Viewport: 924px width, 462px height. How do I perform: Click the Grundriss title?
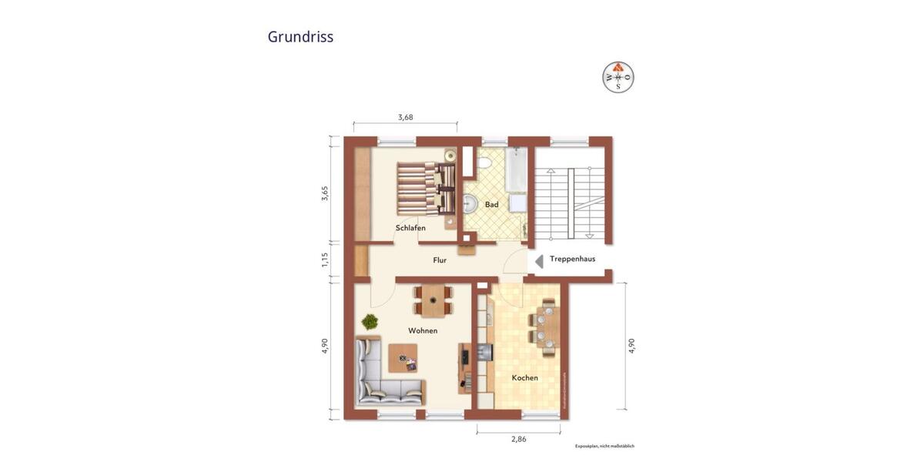point(300,37)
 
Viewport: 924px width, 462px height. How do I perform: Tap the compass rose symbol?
point(618,76)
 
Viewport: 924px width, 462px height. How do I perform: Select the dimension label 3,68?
point(405,117)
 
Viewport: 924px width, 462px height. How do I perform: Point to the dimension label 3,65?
point(325,193)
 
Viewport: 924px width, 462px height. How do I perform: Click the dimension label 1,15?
point(325,260)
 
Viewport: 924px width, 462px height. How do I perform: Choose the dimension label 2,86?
point(521,439)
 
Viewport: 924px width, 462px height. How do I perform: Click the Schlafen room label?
point(410,228)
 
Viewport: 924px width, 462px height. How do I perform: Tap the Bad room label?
point(491,205)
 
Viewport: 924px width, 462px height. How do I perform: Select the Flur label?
point(439,260)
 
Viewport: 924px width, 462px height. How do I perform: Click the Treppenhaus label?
point(572,259)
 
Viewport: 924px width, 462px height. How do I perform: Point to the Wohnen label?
point(423,330)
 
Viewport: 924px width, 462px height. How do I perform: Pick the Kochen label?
point(524,377)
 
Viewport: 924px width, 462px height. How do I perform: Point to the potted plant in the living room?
point(370,321)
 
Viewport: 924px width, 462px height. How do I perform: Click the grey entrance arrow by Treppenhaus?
point(539,261)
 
